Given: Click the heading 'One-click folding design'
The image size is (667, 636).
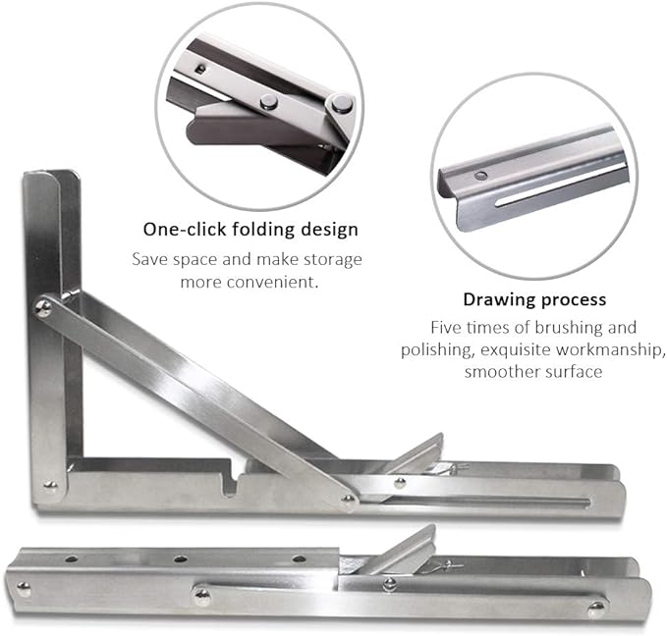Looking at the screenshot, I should coord(250,230).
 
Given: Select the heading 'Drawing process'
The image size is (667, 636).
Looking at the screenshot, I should coord(534,299).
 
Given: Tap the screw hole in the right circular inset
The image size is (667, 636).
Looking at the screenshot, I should coord(480,175).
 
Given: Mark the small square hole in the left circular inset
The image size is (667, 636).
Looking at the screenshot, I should coord(200,69).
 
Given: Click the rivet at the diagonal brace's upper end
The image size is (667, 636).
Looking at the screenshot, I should coord(44,308).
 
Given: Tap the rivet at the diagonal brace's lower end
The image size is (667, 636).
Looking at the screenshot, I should coord(348,500).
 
